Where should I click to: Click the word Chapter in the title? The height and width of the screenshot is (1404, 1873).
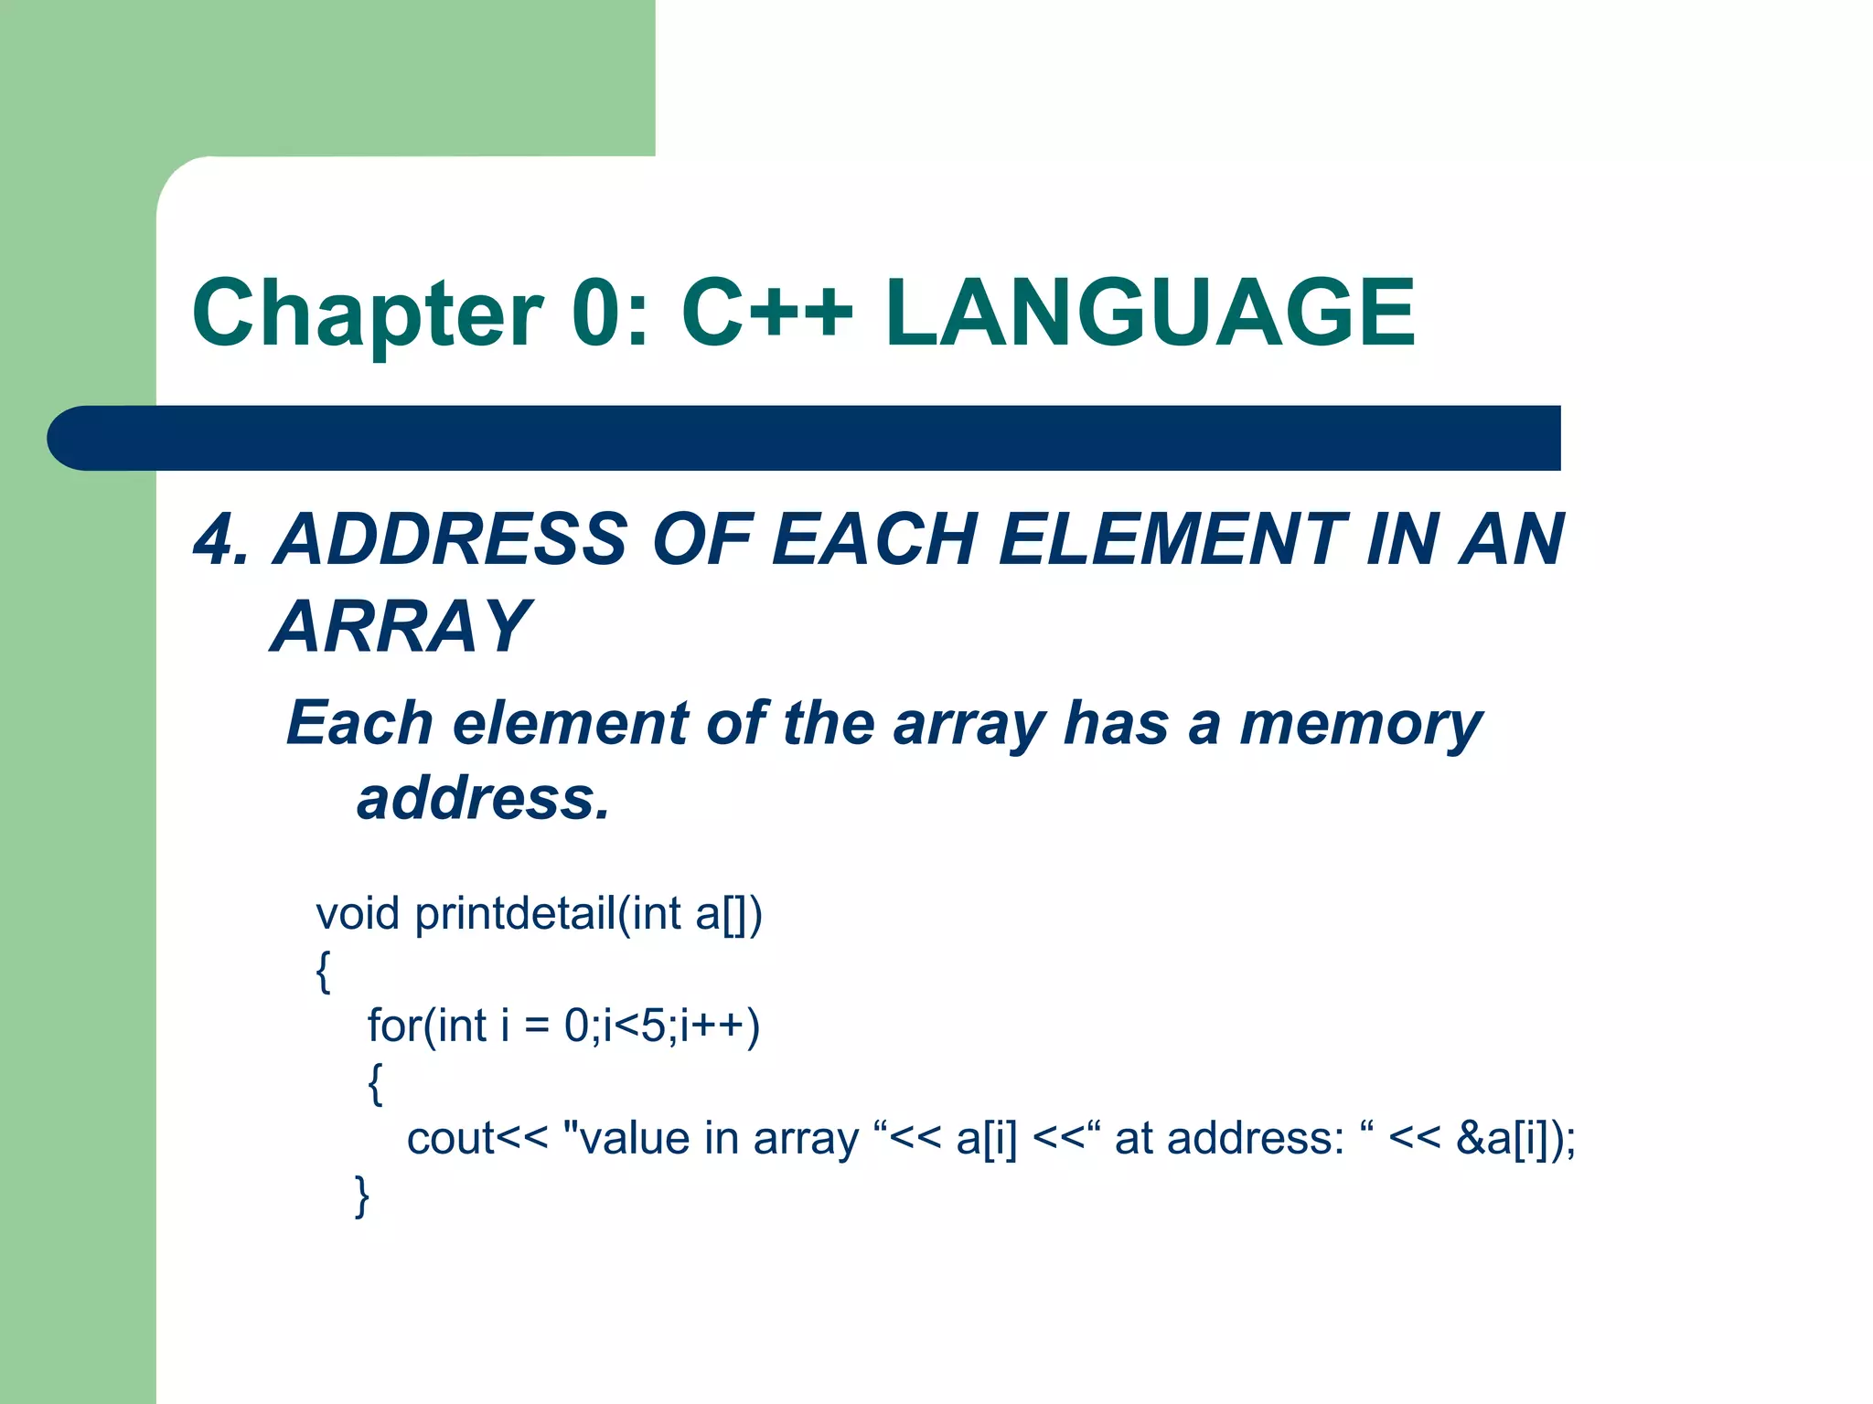click(367, 314)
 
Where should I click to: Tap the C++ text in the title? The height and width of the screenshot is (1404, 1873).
click(767, 314)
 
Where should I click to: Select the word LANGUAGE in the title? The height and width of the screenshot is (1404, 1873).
click(1150, 314)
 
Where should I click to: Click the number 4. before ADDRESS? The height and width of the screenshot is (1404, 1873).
click(220, 539)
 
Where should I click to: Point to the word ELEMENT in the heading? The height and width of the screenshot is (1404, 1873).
click(1172, 539)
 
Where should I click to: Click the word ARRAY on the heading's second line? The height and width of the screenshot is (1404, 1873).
click(401, 627)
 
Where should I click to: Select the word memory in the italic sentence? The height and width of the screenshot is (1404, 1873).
click(1360, 725)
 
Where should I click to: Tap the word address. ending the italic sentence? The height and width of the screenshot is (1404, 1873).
click(483, 799)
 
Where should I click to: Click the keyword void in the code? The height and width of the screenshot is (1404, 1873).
click(358, 914)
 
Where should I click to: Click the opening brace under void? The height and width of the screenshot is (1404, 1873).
click(323, 971)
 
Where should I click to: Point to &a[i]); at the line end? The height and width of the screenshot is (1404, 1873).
click(1515, 1139)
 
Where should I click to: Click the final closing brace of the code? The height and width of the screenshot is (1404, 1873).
click(362, 1196)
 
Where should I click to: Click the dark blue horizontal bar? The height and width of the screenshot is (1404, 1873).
click(805, 438)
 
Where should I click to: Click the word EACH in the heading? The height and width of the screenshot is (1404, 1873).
click(874, 539)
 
